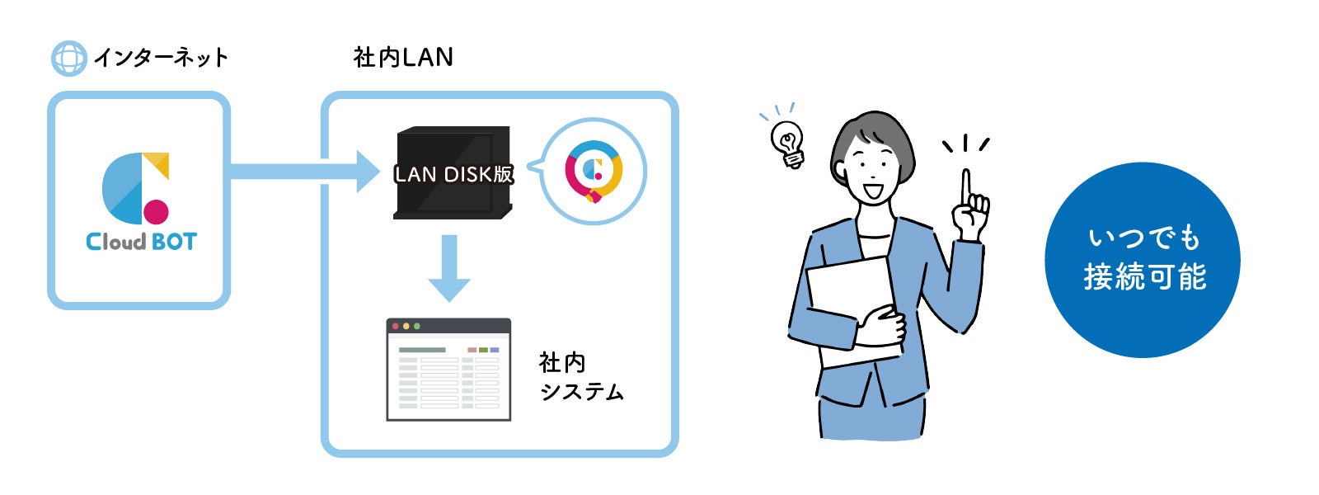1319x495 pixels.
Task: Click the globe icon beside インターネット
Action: tap(68, 59)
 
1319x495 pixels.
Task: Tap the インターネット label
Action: tap(161, 58)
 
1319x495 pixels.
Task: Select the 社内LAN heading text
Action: tap(403, 57)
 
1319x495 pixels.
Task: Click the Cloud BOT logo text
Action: tap(141, 242)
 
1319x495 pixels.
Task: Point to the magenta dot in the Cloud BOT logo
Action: tap(156, 211)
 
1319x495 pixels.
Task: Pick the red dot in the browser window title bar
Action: tap(397, 327)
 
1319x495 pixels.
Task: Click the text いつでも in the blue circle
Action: tap(1143, 238)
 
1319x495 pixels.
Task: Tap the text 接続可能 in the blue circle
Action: tap(1144, 277)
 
